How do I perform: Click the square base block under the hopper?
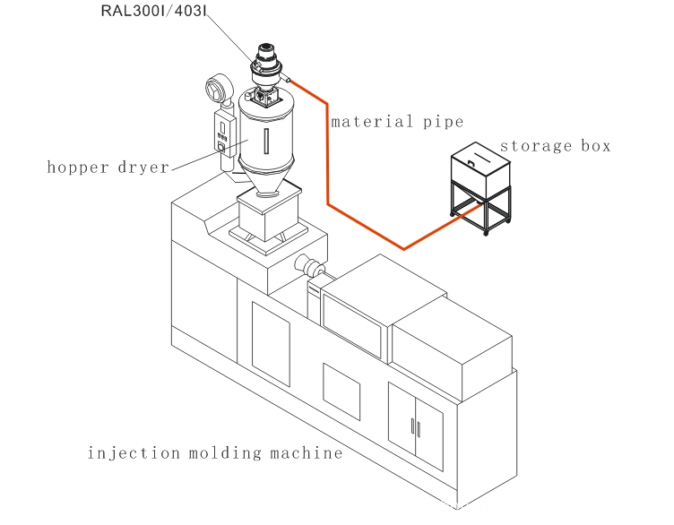265,215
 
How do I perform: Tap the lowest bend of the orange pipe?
405,247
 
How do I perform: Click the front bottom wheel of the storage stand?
486,232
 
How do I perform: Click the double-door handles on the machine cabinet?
415,426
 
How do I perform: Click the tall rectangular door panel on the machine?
271,345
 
